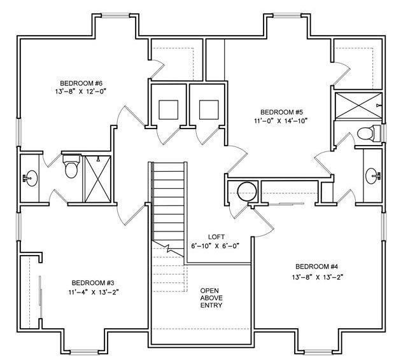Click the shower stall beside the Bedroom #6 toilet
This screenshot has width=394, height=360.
click(98, 179)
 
